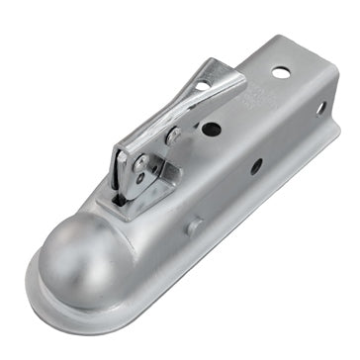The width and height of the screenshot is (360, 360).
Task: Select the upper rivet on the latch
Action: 172,136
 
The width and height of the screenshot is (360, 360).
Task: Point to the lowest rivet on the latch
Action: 137,178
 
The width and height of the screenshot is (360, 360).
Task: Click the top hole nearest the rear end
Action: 283,72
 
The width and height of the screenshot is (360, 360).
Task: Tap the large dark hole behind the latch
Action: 211,129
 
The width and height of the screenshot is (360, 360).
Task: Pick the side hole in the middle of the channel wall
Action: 256,166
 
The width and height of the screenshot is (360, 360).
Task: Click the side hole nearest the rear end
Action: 320,108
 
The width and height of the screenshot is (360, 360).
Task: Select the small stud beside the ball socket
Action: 194,226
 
